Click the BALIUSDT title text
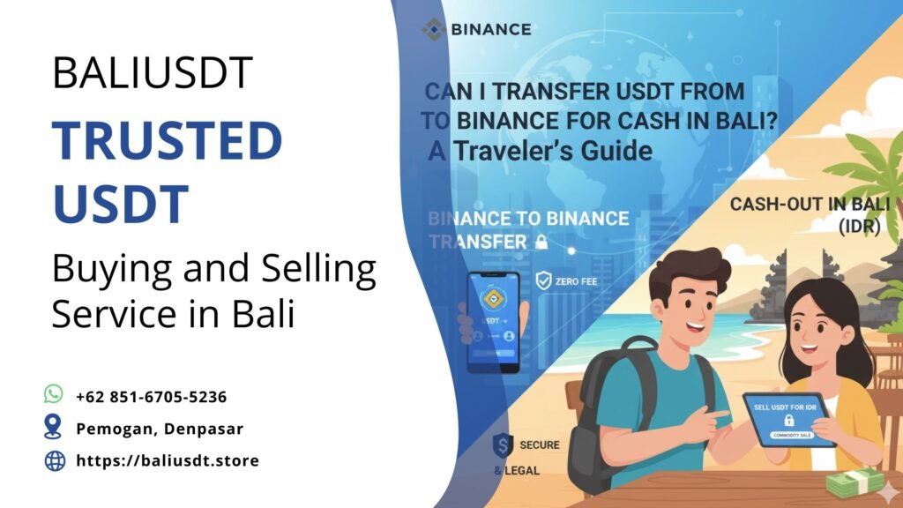click(x=153, y=72)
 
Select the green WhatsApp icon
click(x=54, y=394)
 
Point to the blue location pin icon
click(x=54, y=427)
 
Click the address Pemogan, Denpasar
click(x=159, y=429)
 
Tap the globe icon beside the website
click(x=55, y=459)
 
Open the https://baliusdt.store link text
click(x=168, y=460)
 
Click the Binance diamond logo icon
click(x=433, y=29)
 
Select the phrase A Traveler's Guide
click(x=541, y=151)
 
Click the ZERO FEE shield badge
click(x=544, y=282)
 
